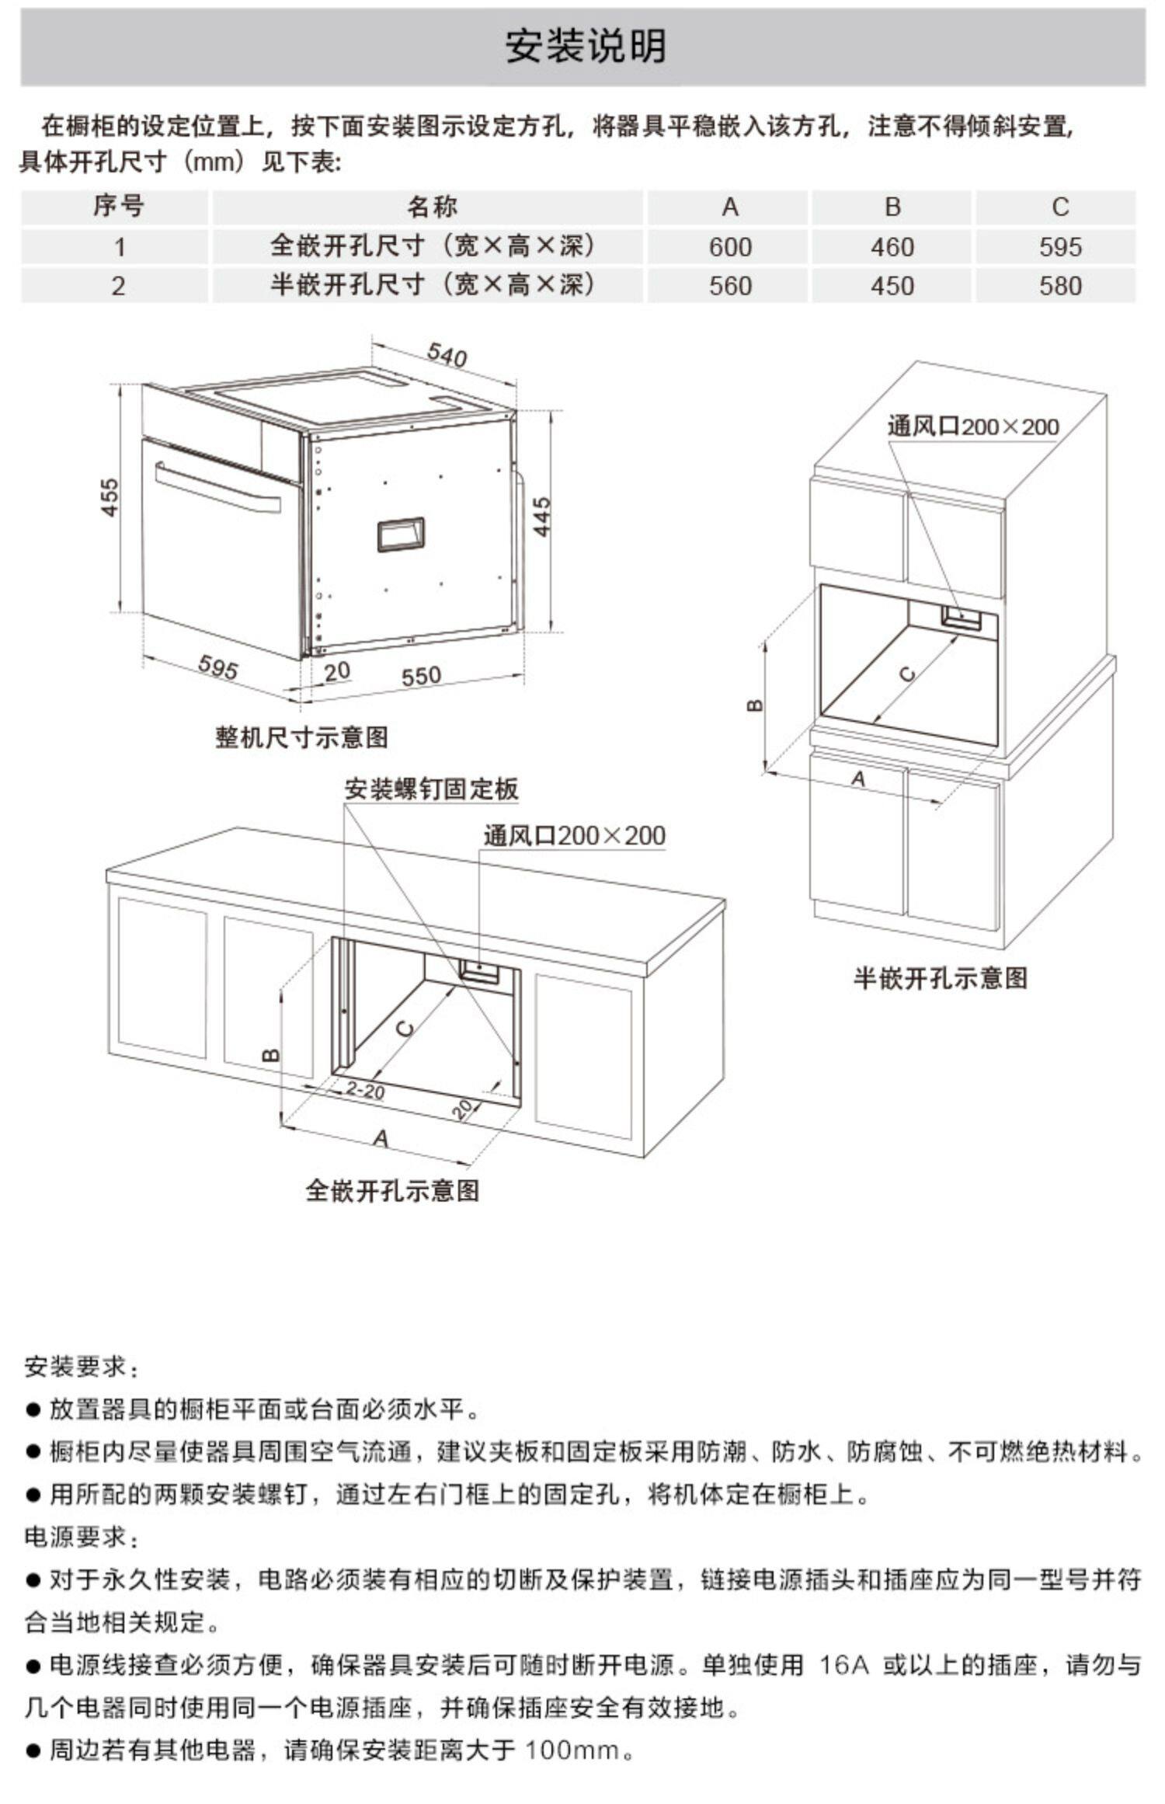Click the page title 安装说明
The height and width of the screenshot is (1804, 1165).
pyautogui.click(x=586, y=47)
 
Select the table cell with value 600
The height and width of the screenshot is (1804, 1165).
pyautogui.click(x=730, y=247)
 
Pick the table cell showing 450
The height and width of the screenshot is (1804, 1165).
pyautogui.click(x=892, y=286)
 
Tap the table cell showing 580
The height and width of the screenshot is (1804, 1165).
pyautogui.click(x=1060, y=286)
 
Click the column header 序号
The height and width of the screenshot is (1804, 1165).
pyautogui.click(x=118, y=207)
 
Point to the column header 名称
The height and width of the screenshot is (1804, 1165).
pyautogui.click(x=432, y=207)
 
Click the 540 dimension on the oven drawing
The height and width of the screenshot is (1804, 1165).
pyautogui.click(x=447, y=355)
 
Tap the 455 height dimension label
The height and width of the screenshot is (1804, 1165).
pyautogui.click(x=110, y=497)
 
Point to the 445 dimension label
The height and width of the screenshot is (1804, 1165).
pyautogui.click(x=541, y=516)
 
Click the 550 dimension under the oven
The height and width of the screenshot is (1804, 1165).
pyautogui.click(x=421, y=676)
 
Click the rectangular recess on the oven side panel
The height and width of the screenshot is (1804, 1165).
pyautogui.click(x=401, y=535)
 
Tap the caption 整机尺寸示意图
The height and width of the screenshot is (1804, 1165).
pyautogui.click(x=301, y=737)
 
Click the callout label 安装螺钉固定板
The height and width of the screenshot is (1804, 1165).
pyautogui.click(x=431, y=789)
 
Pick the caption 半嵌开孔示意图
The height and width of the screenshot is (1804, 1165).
pyautogui.click(x=941, y=977)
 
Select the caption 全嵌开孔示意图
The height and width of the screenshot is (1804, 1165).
pyautogui.click(x=392, y=1190)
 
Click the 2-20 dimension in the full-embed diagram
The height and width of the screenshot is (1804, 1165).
pyautogui.click(x=365, y=1091)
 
